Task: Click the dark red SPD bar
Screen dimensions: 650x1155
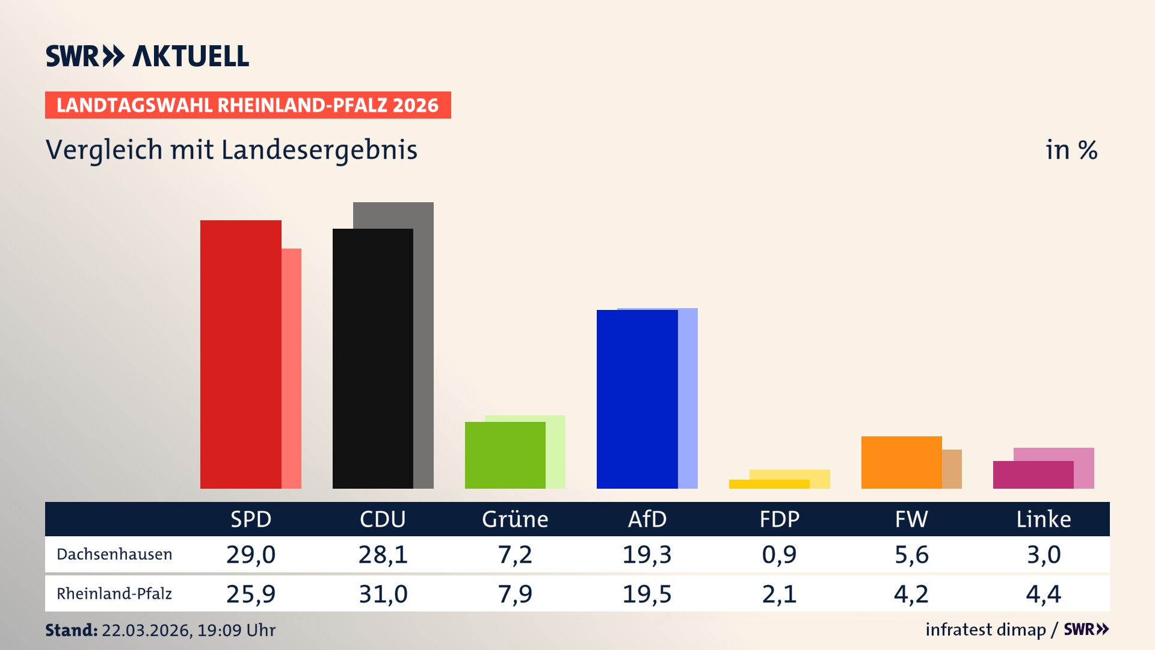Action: point(241,355)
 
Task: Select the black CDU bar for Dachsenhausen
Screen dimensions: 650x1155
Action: point(372,359)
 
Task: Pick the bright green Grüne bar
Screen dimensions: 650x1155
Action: point(505,456)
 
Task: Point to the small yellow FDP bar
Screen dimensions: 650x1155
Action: point(769,484)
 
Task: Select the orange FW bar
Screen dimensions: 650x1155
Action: point(901,462)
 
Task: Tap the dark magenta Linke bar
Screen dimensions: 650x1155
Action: point(1033,475)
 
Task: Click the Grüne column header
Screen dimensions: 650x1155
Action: point(515,519)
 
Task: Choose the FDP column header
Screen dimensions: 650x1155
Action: point(779,519)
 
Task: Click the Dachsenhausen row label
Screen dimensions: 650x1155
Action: point(114,554)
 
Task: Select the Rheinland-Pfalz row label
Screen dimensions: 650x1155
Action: point(114,594)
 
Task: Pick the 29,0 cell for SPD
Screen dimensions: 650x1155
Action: point(251,554)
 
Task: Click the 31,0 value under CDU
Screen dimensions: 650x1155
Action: point(383,594)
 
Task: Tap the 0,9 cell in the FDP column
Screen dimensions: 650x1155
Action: point(779,554)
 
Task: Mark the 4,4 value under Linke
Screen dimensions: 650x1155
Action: point(1043,594)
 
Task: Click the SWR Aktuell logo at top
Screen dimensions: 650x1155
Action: point(147,56)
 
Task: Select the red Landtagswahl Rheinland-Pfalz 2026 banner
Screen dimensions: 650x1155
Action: point(248,105)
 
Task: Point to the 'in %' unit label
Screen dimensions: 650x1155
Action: point(1071,150)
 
